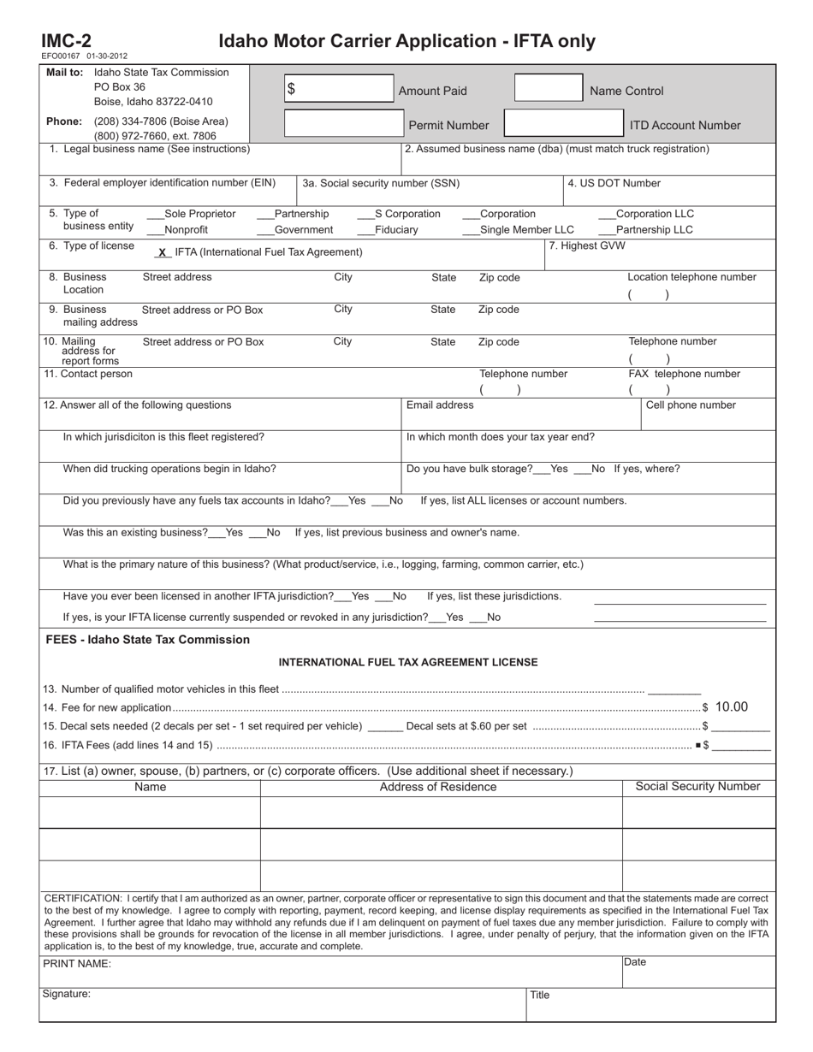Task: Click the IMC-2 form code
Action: click(x=66, y=41)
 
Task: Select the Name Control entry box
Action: click(x=548, y=89)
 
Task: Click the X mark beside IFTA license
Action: click(x=162, y=253)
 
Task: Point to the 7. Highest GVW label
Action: click(x=587, y=246)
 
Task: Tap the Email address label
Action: click(x=440, y=405)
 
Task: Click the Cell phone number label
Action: click(x=691, y=405)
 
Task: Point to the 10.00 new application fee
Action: click(x=732, y=707)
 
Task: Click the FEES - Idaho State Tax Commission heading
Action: click(x=148, y=640)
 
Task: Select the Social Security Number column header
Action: click(x=697, y=787)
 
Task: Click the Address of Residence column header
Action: click(x=438, y=787)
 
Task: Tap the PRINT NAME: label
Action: click(x=77, y=964)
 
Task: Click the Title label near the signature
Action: click(x=539, y=996)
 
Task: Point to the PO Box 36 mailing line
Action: click(x=120, y=86)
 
